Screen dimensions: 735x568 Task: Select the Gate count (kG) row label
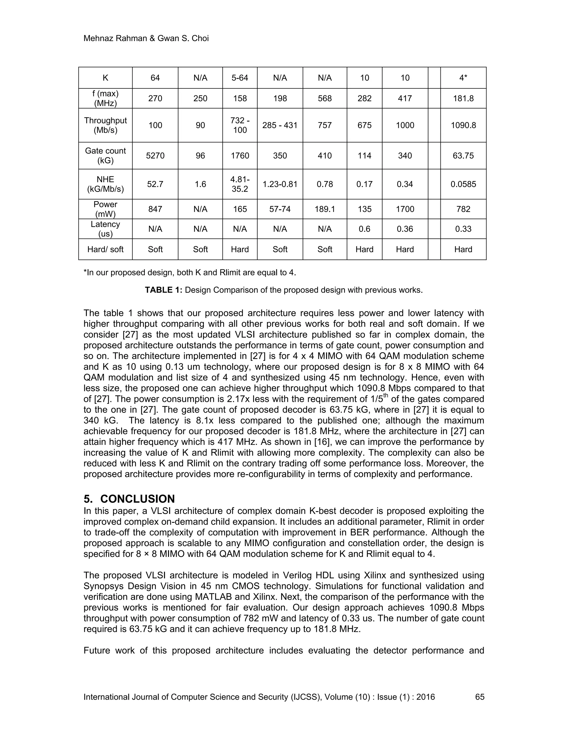coord(105,156)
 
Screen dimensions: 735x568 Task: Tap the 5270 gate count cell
coord(155,156)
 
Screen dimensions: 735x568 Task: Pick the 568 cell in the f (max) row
coord(325,98)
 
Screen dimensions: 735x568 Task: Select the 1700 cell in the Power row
coord(405,209)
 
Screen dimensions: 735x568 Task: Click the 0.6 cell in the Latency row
coord(364,229)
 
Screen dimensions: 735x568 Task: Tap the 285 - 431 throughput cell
coord(280,125)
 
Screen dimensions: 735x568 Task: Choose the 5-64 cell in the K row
coord(240,78)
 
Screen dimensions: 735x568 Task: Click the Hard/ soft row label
coord(105,249)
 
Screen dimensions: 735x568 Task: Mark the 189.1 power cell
coord(325,209)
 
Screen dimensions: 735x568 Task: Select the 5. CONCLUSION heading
coord(129,499)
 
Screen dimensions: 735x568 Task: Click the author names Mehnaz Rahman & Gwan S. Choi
coord(146,38)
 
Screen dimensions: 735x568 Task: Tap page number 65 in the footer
coord(480,697)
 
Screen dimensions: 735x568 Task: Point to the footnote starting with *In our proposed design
coord(190,272)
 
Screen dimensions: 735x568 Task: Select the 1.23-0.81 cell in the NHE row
coord(280,184)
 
